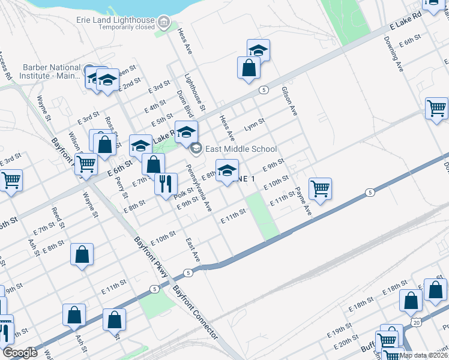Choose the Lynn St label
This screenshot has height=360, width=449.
pos(254,127)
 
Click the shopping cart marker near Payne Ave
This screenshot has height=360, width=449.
pos(321,189)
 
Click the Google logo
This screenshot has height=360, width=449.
pos(20,353)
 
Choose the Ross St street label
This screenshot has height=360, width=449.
pos(110,128)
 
